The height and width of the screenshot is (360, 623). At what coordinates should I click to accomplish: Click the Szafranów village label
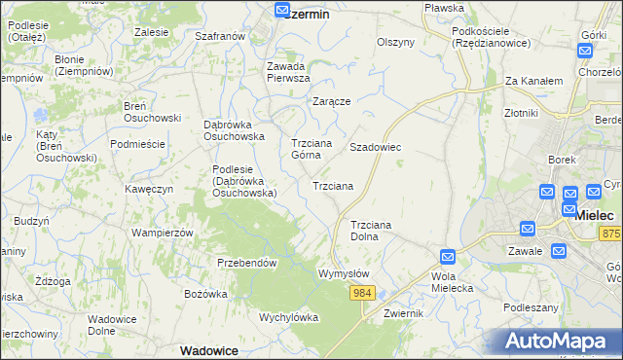coord(219,36)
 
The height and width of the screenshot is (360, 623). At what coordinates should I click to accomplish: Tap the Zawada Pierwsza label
coord(288,72)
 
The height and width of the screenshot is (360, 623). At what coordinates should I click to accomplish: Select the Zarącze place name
coord(331,100)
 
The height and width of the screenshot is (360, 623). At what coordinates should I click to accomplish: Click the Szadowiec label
coord(376,147)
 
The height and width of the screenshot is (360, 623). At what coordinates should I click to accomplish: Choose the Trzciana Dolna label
coord(370,230)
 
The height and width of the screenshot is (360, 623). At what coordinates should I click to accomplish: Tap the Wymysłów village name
coord(344,273)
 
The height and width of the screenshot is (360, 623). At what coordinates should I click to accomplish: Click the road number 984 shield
coord(363,293)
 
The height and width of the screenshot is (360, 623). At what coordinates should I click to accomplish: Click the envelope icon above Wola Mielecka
coord(447,257)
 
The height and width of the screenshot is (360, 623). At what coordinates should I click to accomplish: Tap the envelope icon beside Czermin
coord(281,11)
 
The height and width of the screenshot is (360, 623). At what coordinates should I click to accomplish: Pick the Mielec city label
coord(594,215)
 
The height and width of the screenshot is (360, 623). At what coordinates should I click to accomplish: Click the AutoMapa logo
coord(559,341)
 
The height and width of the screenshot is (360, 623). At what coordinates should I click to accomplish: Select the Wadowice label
coord(210,349)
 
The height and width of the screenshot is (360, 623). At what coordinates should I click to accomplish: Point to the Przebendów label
coord(247,263)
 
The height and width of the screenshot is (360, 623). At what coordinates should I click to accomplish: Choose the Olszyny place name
coord(396,42)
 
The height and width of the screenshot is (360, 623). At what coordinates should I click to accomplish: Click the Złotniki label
coord(522,113)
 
